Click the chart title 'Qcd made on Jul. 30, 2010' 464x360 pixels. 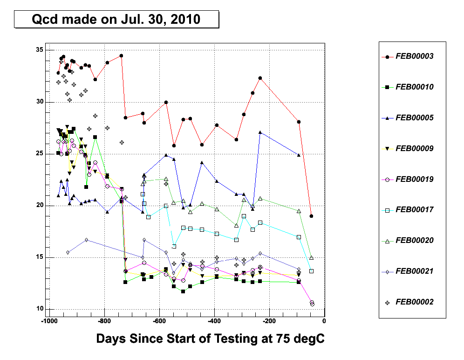pos(116,20)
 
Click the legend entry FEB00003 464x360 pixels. pos(414,56)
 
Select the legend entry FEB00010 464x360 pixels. pos(414,87)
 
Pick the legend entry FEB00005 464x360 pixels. pos(414,118)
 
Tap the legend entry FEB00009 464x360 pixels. pos(414,149)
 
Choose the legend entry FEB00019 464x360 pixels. pos(414,179)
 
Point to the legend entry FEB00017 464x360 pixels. pos(414,210)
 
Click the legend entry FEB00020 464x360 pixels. pos(414,241)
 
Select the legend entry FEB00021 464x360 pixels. pos(414,271)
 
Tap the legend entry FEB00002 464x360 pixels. pos(414,302)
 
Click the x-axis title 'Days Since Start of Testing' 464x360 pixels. pos(210,339)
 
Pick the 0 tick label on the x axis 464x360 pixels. pos(324,321)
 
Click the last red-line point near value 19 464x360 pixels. pos(311,216)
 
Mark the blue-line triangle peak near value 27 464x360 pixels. pos(260,132)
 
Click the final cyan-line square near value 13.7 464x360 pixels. pos(311,271)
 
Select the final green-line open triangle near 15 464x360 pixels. pos(311,258)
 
